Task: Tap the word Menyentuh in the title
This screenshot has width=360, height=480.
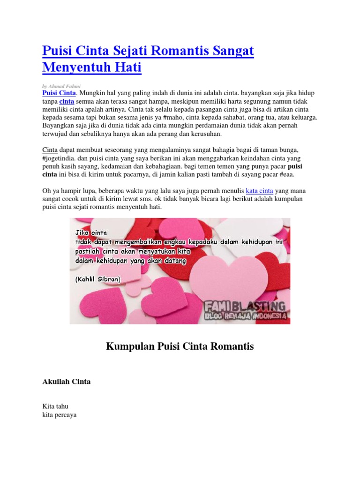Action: pos(76,67)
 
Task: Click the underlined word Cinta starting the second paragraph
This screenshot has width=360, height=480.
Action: pos(50,150)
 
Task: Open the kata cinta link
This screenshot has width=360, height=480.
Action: pos(260,191)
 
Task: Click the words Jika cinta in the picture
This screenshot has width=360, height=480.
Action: pos(91,232)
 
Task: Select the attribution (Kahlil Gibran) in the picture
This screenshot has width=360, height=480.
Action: pos(97,279)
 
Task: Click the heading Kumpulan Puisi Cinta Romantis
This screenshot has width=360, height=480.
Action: pos(180,346)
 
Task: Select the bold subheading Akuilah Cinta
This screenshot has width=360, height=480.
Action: pos(67,382)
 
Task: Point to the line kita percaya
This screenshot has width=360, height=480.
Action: pos(59,415)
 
